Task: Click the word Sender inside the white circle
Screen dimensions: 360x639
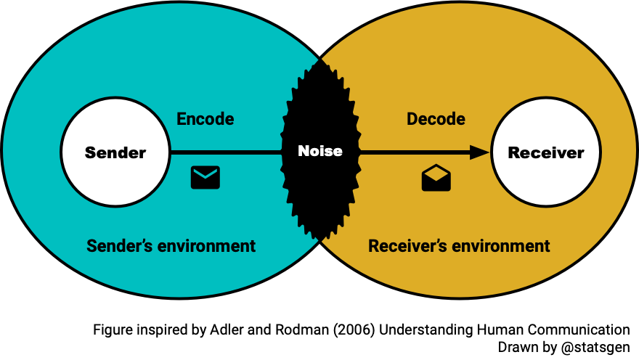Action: (x=115, y=152)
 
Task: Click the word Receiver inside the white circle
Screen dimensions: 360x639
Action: (x=546, y=152)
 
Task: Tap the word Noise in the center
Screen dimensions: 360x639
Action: (x=319, y=151)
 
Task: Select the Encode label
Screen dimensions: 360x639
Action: (x=205, y=119)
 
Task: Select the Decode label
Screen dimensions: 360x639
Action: (x=436, y=119)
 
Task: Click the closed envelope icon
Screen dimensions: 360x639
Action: (x=205, y=177)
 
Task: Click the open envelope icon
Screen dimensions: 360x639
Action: (x=436, y=178)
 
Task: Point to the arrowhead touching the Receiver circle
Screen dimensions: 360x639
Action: (x=480, y=152)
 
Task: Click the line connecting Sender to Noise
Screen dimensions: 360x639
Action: (x=225, y=152)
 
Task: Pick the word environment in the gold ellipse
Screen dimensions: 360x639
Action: (x=500, y=246)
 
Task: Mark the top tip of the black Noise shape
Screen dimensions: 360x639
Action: (x=319, y=60)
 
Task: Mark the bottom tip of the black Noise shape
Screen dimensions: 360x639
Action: (x=319, y=240)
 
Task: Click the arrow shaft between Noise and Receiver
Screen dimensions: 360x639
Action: (x=414, y=152)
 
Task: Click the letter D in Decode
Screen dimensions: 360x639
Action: (x=412, y=119)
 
